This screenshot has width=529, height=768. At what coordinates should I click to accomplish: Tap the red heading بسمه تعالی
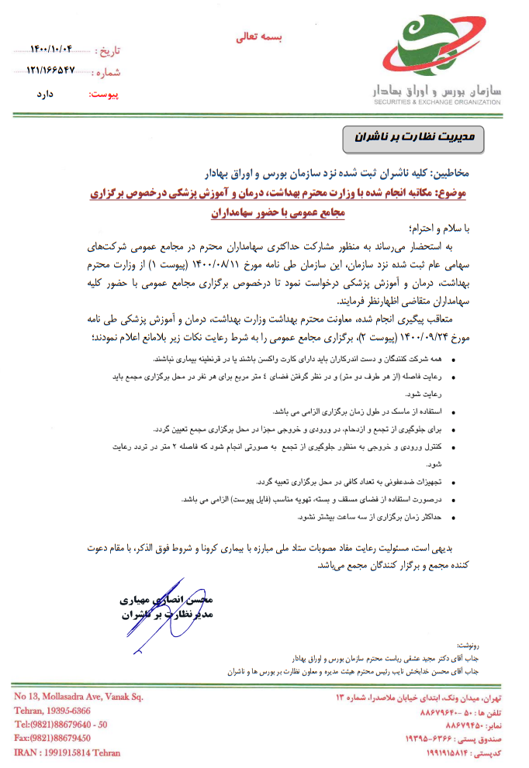click(261, 36)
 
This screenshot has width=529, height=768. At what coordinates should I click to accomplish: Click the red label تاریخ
click(108, 51)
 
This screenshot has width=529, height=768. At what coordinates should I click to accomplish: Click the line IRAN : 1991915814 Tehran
click(67, 752)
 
